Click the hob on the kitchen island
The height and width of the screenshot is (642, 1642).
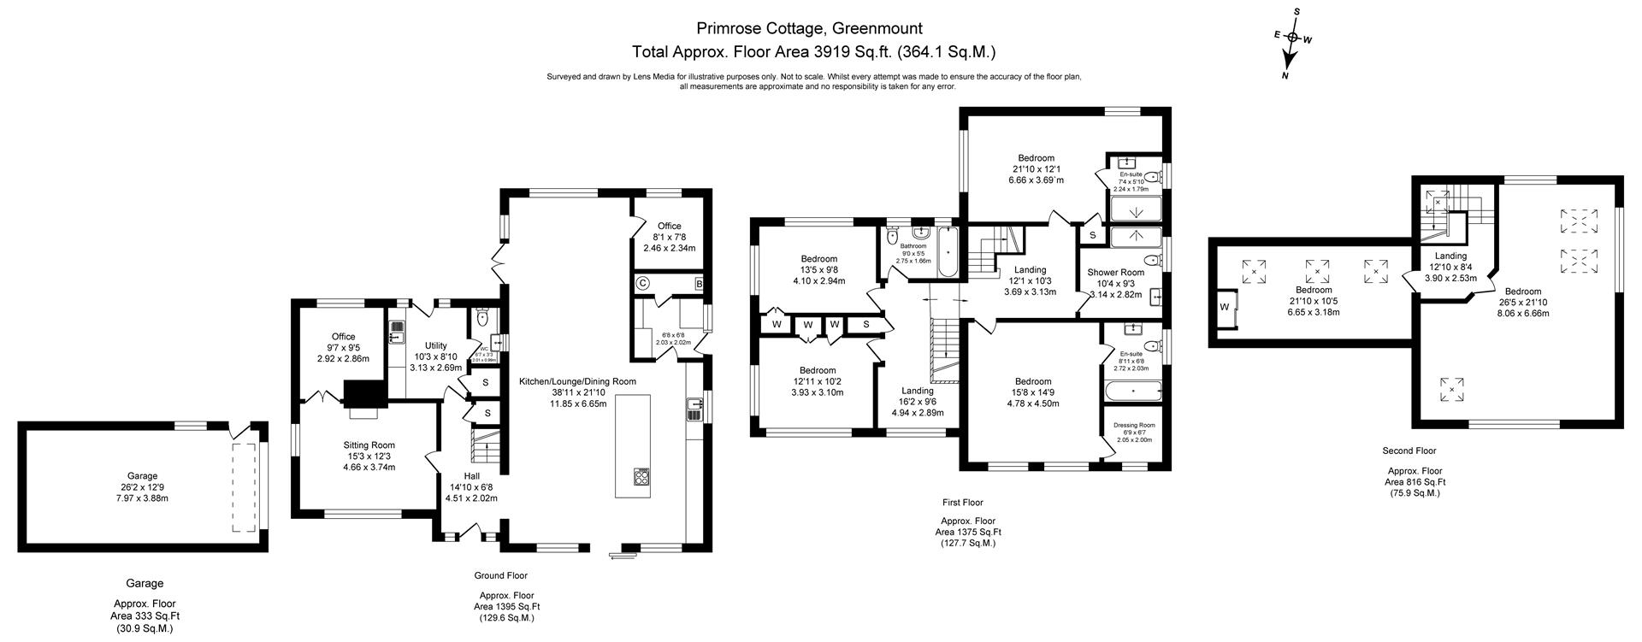tap(642, 477)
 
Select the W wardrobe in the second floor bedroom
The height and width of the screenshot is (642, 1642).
tap(1225, 307)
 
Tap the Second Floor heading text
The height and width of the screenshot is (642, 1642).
tap(1409, 451)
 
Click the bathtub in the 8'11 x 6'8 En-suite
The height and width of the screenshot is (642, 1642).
tap(1133, 392)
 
